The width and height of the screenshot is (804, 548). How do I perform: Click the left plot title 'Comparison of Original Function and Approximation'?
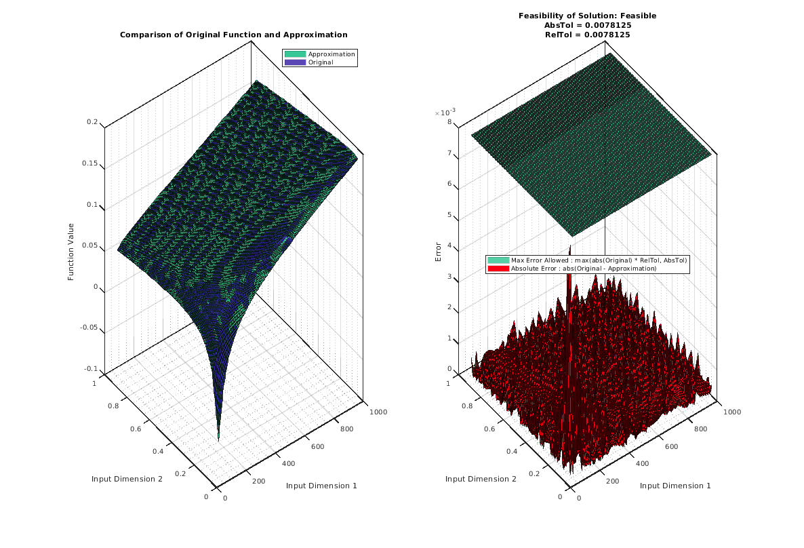tap(233, 35)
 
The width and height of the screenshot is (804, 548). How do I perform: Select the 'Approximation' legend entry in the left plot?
tap(331, 54)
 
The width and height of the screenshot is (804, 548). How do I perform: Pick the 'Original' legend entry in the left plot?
tap(320, 62)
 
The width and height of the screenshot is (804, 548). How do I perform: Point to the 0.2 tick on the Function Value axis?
tap(92, 122)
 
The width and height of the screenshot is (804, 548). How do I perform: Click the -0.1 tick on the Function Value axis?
tap(89, 369)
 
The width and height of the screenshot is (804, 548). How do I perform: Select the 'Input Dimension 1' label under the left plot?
tap(321, 486)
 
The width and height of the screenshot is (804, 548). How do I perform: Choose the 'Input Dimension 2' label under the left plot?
tap(127, 479)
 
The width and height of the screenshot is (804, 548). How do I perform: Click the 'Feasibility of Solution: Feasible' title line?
tap(587, 16)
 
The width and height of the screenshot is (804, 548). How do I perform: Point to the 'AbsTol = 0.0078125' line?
tap(587, 25)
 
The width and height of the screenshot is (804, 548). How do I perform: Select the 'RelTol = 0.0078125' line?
tap(587, 35)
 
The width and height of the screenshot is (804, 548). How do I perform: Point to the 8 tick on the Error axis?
tap(449, 122)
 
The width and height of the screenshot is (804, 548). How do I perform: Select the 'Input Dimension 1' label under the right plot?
tap(675, 486)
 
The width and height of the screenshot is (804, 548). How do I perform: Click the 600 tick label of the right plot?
tap(671, 446)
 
